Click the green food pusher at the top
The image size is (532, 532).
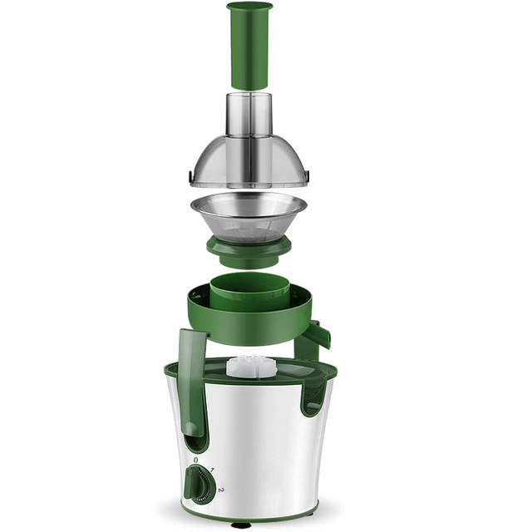(x=249, y=50)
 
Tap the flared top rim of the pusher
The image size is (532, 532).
(x=249, y=7)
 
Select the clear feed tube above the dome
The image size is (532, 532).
(x=249, y=114)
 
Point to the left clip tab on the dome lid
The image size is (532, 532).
(x=192, y=176)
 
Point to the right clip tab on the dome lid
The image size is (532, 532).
(x=307, y=175)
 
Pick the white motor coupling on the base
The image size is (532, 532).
(x=250, y=366)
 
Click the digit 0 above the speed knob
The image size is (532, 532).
(x=196, y=460)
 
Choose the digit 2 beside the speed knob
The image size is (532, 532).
(x=221, y=490)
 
